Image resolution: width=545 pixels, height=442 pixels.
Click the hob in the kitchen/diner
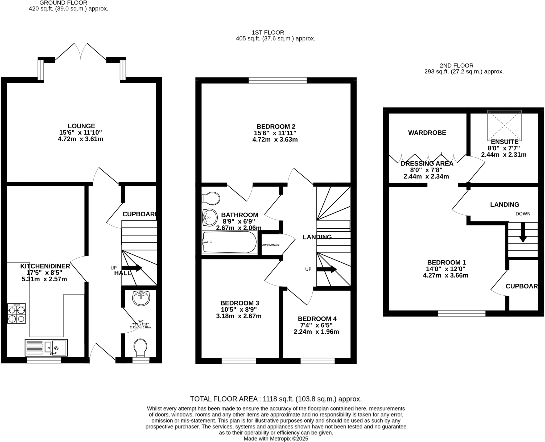point(16,313)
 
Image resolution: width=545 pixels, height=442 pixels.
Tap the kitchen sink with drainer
point(46,348)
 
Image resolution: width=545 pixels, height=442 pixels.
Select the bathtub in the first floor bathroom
point(229,242)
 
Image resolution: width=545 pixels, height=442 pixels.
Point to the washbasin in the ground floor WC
point(141,298)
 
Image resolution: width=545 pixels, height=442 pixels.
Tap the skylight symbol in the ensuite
point(504,125)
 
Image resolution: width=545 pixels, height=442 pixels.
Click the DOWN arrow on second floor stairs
point(523,233)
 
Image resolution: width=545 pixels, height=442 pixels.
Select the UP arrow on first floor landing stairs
point(327,269)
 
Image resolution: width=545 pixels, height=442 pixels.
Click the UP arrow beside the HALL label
point(132,268)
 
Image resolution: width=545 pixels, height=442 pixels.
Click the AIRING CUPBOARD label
point(271,245)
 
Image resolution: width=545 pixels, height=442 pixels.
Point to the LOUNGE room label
point(81,126)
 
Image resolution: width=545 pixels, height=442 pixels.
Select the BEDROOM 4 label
point(317,319)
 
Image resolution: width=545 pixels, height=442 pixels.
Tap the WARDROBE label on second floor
point(427,133)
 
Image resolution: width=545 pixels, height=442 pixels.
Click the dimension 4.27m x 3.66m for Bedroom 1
point(445,275)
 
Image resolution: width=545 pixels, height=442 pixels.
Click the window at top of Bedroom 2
point(278,80)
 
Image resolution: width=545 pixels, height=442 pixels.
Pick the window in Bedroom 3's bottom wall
point(238,361)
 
